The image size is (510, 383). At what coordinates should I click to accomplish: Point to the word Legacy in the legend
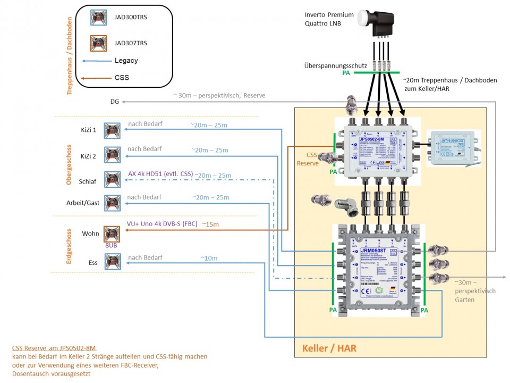tap(126, 61)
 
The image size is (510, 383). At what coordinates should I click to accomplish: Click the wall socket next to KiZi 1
tap(112, 130)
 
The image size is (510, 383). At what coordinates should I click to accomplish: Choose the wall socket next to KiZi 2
tap(112, 155)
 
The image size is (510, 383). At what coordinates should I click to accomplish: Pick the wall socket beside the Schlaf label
tap(112, 180)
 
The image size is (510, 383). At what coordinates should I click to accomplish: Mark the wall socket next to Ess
tap(112, 262)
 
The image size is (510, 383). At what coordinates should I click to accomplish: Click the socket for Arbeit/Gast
tap(112, 203)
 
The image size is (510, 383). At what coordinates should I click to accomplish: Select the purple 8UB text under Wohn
tap(111, 246)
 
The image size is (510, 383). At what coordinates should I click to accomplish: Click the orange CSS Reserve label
tap(307, 159)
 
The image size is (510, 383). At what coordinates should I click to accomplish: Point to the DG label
tap(115, 101)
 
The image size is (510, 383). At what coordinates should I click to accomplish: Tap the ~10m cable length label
tap(209, 258)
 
